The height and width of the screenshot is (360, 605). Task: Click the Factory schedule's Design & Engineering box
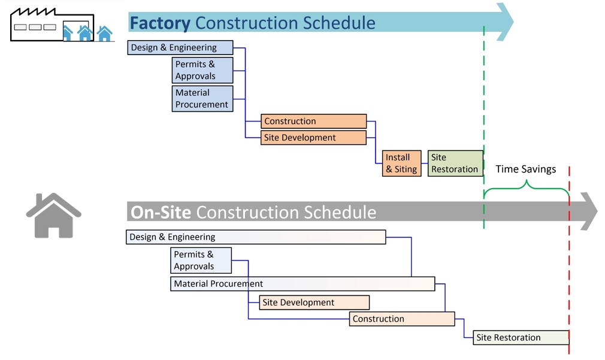click(x=180, y=48)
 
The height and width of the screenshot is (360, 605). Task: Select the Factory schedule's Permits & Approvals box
click(x=202, y=70)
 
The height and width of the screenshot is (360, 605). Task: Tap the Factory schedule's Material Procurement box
click(x=202, y=99)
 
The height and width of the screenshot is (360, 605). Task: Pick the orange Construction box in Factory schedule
click(x=313, y=121)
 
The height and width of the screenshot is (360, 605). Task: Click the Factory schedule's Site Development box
click(x=313, y=138)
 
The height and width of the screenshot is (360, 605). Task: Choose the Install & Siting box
click(x=402, y=164)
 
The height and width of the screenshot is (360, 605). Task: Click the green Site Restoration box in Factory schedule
click(x=455, y=164)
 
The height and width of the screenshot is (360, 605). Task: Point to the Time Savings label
click(x=525, y=170)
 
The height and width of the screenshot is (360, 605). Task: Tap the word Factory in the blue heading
click(x=160, y=23)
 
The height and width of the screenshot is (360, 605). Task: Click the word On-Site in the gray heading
click(x=161, y=213)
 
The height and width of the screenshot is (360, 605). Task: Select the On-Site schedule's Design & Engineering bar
click(x=256, y=237)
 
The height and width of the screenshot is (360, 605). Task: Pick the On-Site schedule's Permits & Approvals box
click(x=201, y=261)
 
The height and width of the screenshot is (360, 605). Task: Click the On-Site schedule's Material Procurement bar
click(x=302, y=284)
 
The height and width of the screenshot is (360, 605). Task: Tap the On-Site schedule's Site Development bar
click(x=314, y=302)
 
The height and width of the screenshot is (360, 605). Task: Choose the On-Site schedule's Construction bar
click(x=402, y=319)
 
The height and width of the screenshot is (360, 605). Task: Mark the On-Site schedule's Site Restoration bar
click(x=521, y=337)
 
